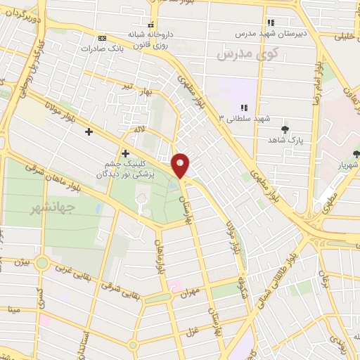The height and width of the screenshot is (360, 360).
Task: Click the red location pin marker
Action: click(181, 165)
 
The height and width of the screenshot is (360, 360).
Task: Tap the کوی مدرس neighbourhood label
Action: click(247, 53)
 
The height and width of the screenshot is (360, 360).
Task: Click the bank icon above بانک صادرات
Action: click(103, 38)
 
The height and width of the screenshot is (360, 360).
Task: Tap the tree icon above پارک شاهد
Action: click(285, 129)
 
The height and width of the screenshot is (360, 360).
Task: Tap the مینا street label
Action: click(13, 309)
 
